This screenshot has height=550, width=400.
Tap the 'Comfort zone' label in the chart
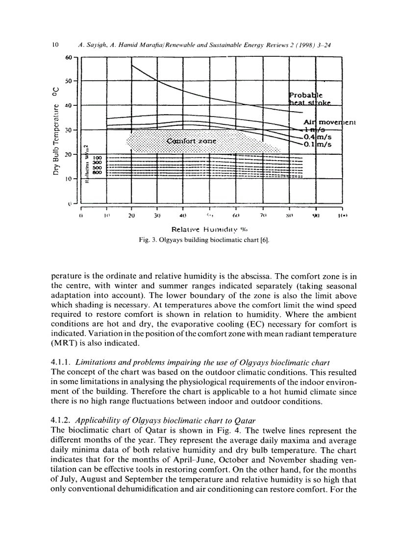click(x=191, y=141)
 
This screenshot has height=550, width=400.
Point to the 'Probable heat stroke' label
click(x=309, y=98)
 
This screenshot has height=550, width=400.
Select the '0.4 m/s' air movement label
click(x=317, y=137)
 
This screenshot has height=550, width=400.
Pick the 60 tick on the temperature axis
click(x=68, y=57)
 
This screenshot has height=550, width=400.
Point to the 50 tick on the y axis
click(x=68, y=80)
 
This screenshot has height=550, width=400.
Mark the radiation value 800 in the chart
click(x=97, y=172)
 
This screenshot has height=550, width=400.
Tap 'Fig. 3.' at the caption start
click(x=148, y=240)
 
